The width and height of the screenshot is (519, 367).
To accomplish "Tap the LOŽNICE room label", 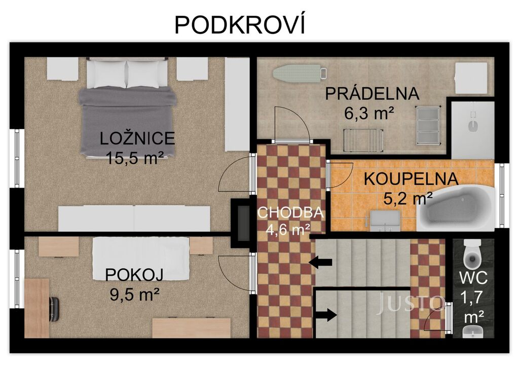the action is [137, 138].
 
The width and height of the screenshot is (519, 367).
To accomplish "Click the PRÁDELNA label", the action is [372, 93].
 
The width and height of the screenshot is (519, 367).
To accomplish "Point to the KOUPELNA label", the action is [411, 179].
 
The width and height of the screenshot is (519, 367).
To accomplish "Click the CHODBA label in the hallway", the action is [290, 212].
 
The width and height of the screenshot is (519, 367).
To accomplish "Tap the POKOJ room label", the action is [134, 275].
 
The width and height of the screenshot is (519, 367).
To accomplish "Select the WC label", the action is [473, 277].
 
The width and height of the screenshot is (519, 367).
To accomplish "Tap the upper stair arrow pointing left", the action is [320, 262].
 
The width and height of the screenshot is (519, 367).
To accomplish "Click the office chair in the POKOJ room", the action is [54, 309].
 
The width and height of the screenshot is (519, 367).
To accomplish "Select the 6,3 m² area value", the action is [369, 114].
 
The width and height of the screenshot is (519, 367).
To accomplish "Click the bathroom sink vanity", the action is [385, 221].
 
